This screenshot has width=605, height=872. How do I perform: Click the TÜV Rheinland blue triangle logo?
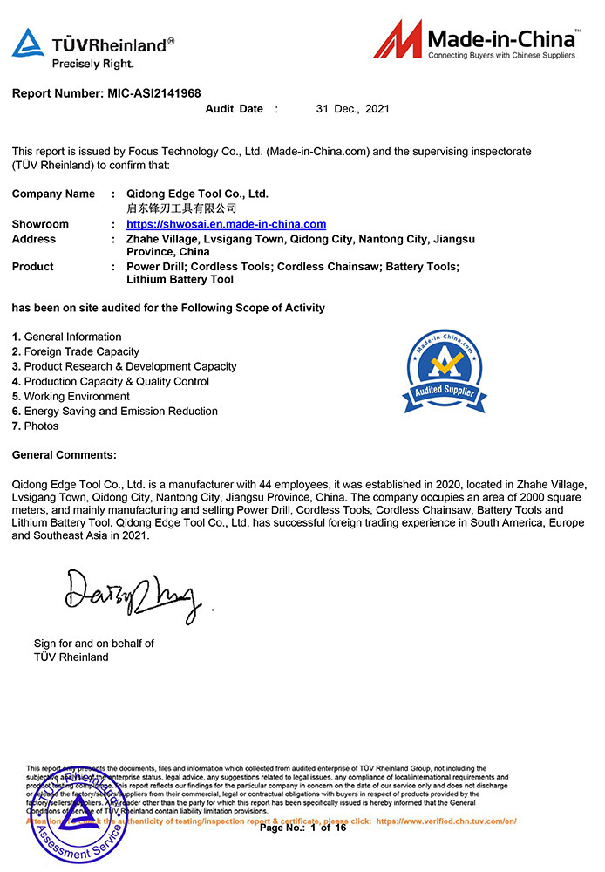pyautogui.click(x=28, y=43)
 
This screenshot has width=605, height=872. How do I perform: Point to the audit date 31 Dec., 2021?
pyautogui.click(x=352, y=109)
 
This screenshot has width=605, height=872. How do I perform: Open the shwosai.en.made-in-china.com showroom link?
pyautogui.click(x=226, y=224)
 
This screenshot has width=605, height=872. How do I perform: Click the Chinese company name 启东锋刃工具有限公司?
pyautogui.click(x=181, y=208)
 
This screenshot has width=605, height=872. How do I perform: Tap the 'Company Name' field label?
pyautogui.click(x=53, y=194)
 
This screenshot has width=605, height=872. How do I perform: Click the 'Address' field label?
pyautogui.click(x=33, y=239)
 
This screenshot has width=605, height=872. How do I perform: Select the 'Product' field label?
pyautogui.click(x=32, y=267)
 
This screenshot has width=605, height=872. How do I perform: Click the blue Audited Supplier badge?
pyautogui.click(x=445, y=371)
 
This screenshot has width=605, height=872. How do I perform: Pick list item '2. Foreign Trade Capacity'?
pyautogui.click(x=76, y=351)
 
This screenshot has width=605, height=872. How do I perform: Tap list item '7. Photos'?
pyautogui.click(x=36, y=426)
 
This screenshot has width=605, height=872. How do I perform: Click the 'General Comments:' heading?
pyautogui.click(x=64, y=454)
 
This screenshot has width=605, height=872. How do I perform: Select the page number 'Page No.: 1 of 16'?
pyautogui.click(x=302, y=828)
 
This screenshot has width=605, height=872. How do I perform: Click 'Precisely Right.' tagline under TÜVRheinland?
pyautogui.click(x=92, y=64)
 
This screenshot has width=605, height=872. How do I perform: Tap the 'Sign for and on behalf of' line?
pyautogui.click(x=94, y=644)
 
